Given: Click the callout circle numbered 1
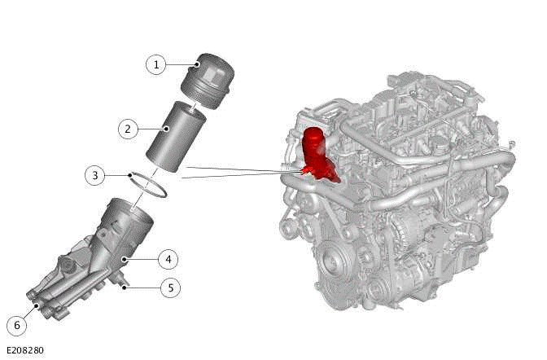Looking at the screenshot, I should [x=155, y=64].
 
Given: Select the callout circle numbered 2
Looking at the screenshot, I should [x=127, y=128].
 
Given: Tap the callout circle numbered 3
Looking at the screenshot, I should [x=95, y=175].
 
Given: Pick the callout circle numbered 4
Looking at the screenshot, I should [x=168, y=260].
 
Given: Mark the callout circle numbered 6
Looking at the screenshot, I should [x=17, y=325].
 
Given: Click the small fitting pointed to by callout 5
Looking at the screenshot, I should [x=123, y=282].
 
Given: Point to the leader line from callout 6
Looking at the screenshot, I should [x=28, y=315].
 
